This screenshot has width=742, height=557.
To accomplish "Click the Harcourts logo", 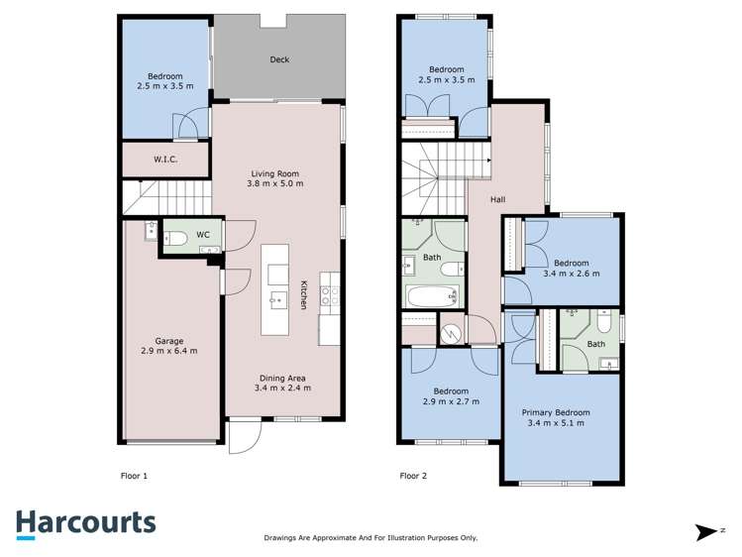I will [x=85, y=522].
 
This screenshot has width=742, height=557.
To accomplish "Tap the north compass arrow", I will [x=707, y=532].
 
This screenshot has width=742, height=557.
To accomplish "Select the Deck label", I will [x=279, y=59].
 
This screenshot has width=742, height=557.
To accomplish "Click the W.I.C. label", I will [x=164, y=159].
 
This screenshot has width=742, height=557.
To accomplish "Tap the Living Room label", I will [x=275, y=173].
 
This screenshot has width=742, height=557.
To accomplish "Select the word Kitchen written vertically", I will [x=304, y=295].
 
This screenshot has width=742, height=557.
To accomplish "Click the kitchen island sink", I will [x=275, y=298].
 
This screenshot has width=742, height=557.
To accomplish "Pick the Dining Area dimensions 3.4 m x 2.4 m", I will [x=282, y=389].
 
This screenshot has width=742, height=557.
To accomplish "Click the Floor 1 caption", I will [x=133, y=476].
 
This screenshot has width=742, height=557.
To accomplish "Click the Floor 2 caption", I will [x=413, y=476].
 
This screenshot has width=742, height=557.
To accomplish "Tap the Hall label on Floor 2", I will [x=497, y=199].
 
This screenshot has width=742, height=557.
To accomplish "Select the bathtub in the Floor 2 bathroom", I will [x=432, y=295].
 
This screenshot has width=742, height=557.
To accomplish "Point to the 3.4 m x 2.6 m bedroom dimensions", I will [x=570, y=274].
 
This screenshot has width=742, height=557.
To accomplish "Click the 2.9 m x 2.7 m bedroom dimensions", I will [x=450, y=401].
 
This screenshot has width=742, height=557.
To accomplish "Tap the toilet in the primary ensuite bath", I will [x=601, y=324].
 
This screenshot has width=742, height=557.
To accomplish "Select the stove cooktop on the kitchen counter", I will [x=330, y=292].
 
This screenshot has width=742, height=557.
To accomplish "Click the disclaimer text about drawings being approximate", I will [x=371, y=537].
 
